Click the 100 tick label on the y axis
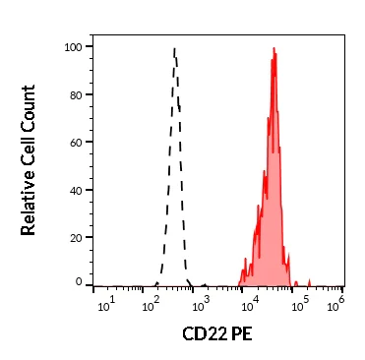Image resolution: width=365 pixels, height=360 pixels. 72,46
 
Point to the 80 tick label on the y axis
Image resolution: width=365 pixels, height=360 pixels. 75,93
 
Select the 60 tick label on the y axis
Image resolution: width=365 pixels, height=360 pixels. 75,141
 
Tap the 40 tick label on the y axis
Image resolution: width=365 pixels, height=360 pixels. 75,188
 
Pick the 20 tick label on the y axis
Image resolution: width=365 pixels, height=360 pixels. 75,235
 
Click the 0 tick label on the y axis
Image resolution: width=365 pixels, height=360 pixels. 79,282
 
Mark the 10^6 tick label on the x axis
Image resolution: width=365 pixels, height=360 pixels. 335,300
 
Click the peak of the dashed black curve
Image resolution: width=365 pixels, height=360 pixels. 174,48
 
